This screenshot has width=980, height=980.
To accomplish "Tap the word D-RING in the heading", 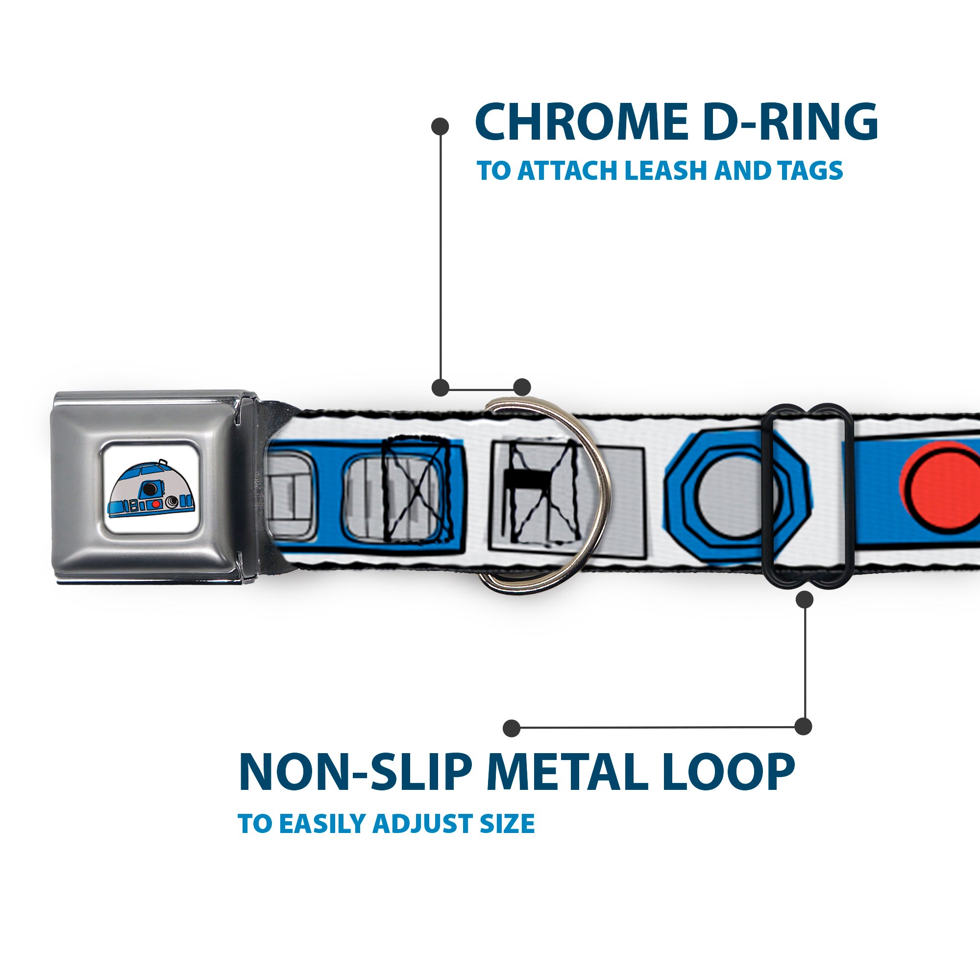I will pyautogui.click(x=791, y=122).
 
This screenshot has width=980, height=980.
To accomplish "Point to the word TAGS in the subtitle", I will pyautogui.click(x=811, y=171).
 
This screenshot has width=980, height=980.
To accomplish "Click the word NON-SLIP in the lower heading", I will pyautogui.click(x=355, y=772).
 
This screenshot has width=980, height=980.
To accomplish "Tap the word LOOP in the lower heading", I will pyautogui.click(x=729, y=772).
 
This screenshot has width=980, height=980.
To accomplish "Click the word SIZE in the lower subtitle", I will pyautogui.click(x=507, y=823).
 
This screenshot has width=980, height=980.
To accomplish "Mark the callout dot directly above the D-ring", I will pyautogui.click(x=522, y=387).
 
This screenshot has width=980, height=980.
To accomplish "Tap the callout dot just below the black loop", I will pyautogui.click(x=805, y=600).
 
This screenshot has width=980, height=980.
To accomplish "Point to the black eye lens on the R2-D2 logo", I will pyautogui.click(x=149, y=488).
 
